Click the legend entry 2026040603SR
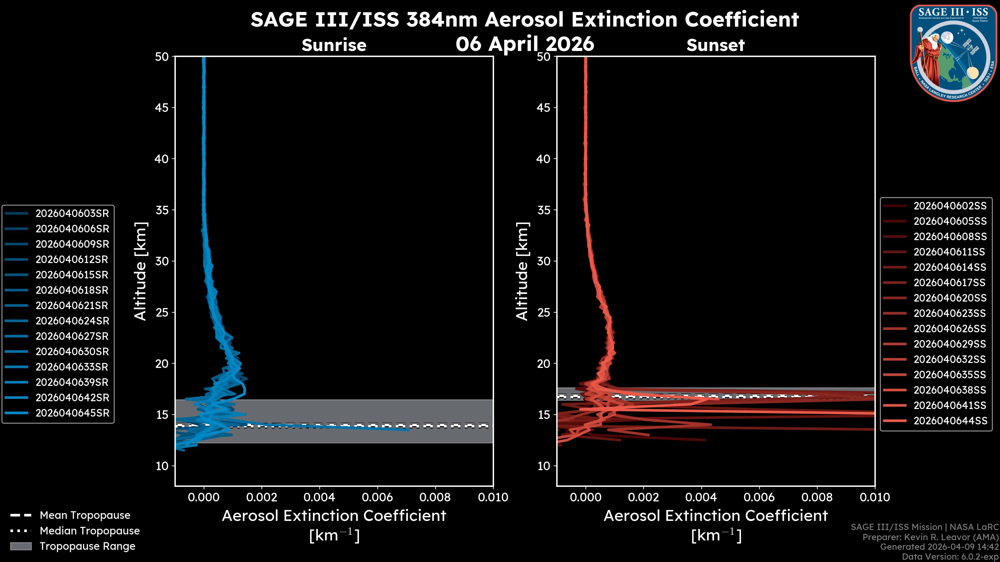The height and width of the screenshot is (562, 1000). tap(72, 213)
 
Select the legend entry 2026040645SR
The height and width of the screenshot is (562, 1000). tap(72, 413)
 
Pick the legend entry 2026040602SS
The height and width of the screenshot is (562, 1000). tap(950, 206)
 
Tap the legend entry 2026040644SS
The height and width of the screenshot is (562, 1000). tap(950, 421)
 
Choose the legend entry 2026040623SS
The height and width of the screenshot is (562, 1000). tap(950, 313)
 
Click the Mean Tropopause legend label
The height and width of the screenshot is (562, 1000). tap(85, 515)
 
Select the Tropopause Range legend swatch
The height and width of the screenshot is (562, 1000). tap(21, 546)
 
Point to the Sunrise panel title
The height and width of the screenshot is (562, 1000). tap(334, 45)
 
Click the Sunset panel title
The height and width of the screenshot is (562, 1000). tap(715, 45)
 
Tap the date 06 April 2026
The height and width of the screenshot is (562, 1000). tap(525, 44)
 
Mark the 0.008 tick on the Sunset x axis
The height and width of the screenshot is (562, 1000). tap(817, 497)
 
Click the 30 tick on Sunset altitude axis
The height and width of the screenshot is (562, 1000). tap(544, 261)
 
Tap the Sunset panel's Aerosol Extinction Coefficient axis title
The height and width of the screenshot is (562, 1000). tap(715, 516)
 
